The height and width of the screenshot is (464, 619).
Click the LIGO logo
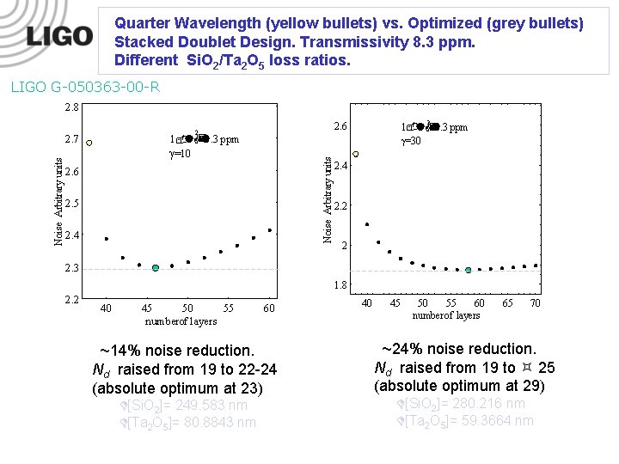tap(58, 36)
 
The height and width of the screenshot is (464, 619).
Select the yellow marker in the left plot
tap(89, 143)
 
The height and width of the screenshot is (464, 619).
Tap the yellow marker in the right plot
tap(356, 155)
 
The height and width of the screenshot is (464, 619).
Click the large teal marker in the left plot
tap(156, 268)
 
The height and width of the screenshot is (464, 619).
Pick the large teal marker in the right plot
tap(469, 270)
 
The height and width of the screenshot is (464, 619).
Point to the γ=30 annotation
tap(411, 141)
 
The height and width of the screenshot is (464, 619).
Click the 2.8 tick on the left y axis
tap(72, 107)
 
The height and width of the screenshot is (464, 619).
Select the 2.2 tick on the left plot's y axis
tap(72, 300)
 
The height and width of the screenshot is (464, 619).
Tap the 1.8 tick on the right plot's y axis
tap(340, 285)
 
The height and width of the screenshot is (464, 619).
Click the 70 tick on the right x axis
tap(535, 302)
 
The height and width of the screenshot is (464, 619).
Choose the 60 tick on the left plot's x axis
tap(268, 308)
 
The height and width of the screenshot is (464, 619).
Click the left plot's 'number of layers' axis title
tap(181, 321)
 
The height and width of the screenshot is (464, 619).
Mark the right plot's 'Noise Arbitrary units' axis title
tap(328, 198)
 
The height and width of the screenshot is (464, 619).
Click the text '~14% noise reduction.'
tap(177, 351)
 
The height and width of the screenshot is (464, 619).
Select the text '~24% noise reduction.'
tap(459, 349)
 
